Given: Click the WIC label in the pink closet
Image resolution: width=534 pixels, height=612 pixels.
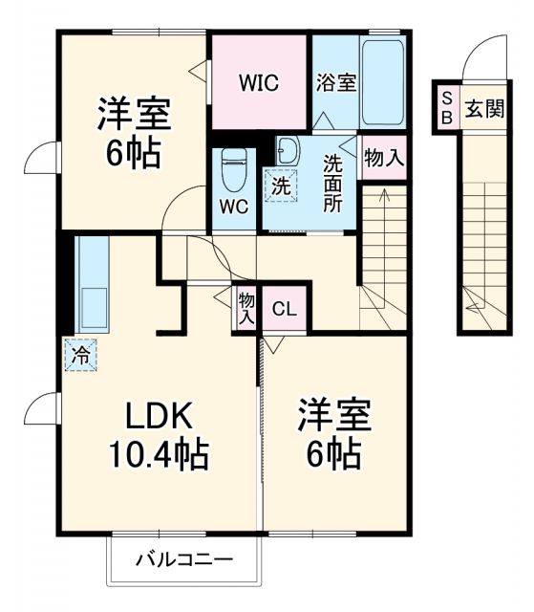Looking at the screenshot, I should click(259, 83).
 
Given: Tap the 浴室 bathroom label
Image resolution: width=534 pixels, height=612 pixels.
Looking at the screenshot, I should click(336, 82).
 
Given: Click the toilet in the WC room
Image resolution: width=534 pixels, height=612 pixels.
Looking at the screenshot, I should click(234, 172).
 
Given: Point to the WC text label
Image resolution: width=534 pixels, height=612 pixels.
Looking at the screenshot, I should click(234, 206).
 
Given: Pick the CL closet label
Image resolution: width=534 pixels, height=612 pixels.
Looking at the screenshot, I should click(285, 309).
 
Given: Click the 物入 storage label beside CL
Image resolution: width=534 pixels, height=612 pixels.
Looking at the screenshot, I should click(246, 309).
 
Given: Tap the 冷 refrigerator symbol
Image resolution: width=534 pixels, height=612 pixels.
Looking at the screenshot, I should click(81, 355).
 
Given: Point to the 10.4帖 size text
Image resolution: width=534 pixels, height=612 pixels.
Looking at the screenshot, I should click(158, 454).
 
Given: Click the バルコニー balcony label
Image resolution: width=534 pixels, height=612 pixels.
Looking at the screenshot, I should click(182, 559).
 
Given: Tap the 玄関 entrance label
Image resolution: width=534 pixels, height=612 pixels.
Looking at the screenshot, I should click(485, 109).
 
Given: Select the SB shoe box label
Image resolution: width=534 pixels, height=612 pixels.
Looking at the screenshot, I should click(446, 109).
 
